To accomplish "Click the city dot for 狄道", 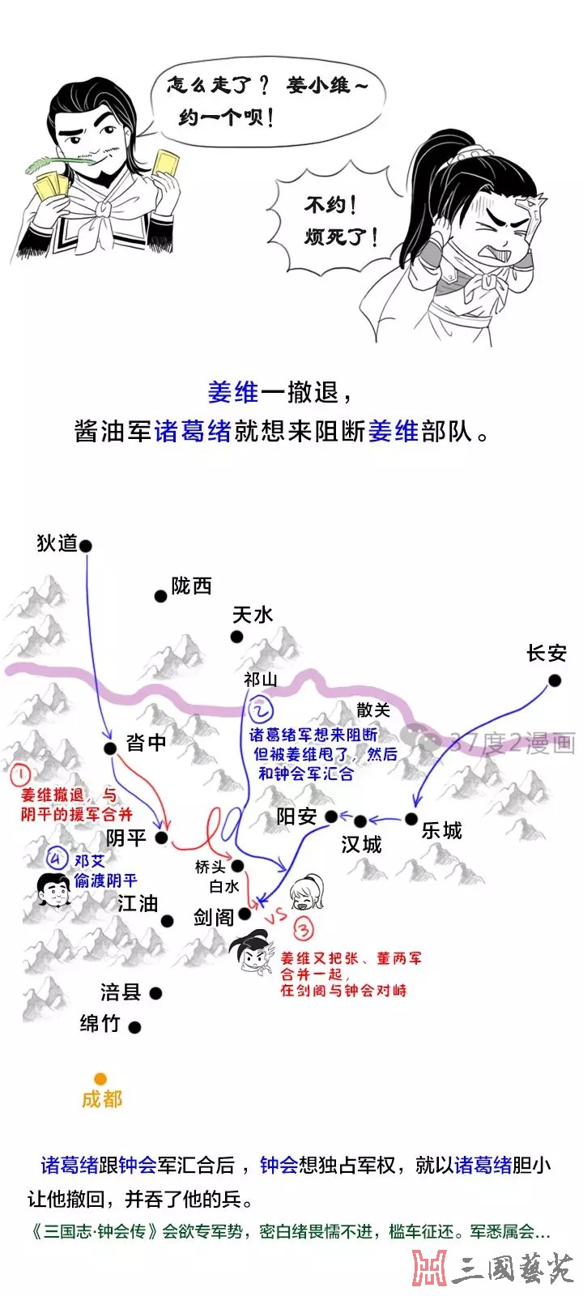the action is point(86,546).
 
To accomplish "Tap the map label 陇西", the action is point(191,586).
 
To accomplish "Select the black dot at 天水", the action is point(236,637).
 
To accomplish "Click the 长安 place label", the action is point(547,653).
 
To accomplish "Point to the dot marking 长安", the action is point(555,681).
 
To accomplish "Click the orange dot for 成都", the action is point(100,1078).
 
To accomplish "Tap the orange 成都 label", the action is point(102,1098).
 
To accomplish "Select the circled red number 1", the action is point(20,774).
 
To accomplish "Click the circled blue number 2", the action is point(260,710).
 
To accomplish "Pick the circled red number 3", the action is point(304,929).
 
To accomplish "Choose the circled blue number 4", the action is point(57,859).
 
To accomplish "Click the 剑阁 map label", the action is point(214,917).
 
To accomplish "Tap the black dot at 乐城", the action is point(411,819).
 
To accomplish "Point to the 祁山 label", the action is point(260,680).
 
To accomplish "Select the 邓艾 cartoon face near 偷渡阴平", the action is point(53,889).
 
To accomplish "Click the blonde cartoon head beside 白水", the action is point(306,892).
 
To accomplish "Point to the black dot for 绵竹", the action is point(134,1028).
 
